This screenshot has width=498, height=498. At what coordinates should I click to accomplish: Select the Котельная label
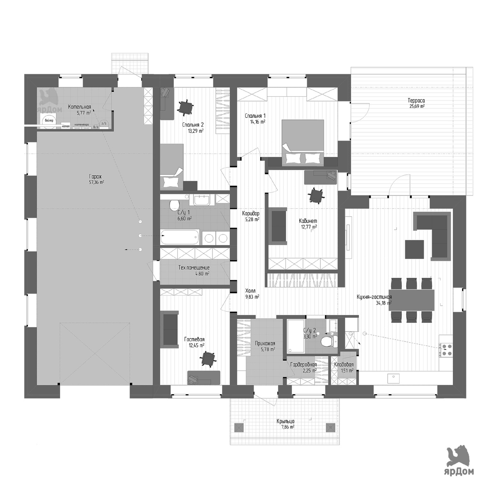click(x=79, y=107)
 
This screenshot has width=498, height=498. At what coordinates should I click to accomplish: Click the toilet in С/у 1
click(x=174, y=204)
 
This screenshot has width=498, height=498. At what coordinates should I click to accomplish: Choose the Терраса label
click(x=416, y=100)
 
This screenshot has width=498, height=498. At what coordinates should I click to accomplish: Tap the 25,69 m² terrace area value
click(x=416, y=106)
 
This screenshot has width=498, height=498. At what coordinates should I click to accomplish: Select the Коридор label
click(x=251, y=213)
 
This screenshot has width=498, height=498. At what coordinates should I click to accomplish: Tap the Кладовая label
click(x=344, y=365)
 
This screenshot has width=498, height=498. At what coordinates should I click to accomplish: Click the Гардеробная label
click(x=303, y=365)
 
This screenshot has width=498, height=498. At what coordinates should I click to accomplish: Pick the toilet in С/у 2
click(x=327, y=341)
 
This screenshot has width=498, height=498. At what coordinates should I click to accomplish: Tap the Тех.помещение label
click(x=194, y=268)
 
